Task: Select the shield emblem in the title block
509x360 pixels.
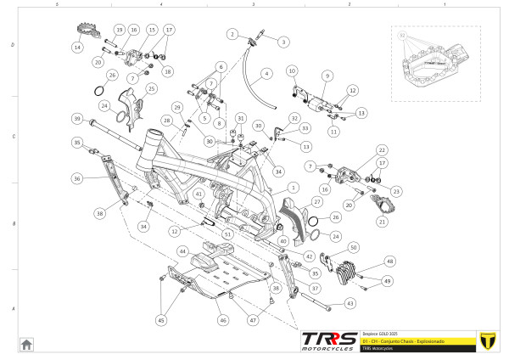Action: (486, 340)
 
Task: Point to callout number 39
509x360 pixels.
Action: (76, 118)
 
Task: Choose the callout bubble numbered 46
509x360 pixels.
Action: (223, 321)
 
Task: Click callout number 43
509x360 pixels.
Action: (350, 302)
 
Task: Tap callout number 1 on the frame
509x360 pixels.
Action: (293, 188)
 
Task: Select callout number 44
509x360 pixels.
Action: (182, 251)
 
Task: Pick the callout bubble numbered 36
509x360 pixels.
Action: (76, 178)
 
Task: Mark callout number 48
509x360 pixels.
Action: (389, 262)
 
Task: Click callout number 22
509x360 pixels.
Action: (382, 149)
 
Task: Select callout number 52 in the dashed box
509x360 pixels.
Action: (402, 37)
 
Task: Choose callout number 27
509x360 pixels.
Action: (316, 202)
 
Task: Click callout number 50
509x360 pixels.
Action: (353, 247)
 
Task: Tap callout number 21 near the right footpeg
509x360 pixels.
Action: (381, 222)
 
